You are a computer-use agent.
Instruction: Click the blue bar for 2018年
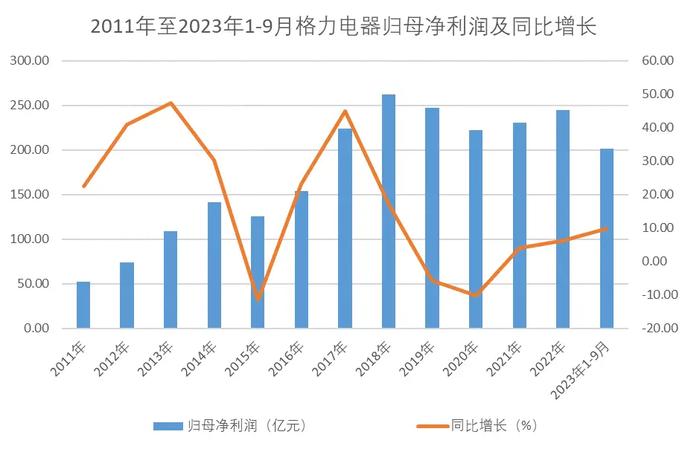pyautogui.click(x=389, y=211)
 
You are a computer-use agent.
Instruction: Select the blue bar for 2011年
pyautogui.click(x=83, y=305)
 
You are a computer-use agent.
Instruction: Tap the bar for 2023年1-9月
pyautogui.click(x=607, y=238)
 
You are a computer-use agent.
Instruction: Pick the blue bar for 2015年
pyautogui.click(x=258, y=272)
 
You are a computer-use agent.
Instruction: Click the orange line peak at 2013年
pyautogui.click(x=171, y=103)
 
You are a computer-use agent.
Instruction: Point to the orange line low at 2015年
pyautogui.click(x=258, y=299)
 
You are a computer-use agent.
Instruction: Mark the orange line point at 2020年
pyautogui.click(x=476, y=295)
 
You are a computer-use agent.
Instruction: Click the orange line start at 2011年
pyautogui.click(x=83, y=186)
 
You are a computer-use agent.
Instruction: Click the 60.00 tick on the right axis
pyautogui.click(x=658, y=61)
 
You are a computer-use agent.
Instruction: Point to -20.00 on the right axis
pyautogui.click(x=657, y=329)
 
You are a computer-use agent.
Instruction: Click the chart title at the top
pyautogui.click(x=343, y=27)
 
